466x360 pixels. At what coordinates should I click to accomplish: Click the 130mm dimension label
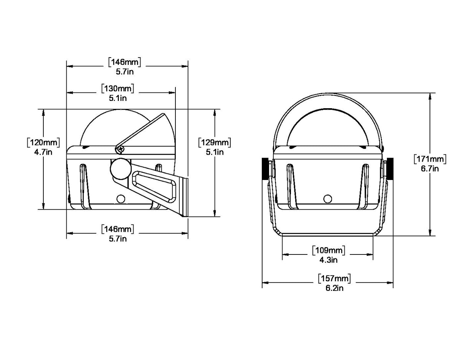[118, 89]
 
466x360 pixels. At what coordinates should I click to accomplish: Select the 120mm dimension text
[43, 143]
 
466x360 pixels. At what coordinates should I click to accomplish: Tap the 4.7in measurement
[43, 152]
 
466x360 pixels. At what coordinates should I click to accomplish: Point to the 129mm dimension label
[214, 143]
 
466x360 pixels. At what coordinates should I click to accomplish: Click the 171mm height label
[430, 159]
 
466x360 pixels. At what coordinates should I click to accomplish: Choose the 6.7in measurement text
[430, 168]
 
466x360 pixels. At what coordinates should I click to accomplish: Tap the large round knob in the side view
[119, 169]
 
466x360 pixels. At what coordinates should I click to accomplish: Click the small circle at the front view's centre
[327, 198]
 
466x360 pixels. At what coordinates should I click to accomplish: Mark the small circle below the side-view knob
[121, 198]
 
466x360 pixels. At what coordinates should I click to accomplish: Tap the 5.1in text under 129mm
[214, 152]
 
